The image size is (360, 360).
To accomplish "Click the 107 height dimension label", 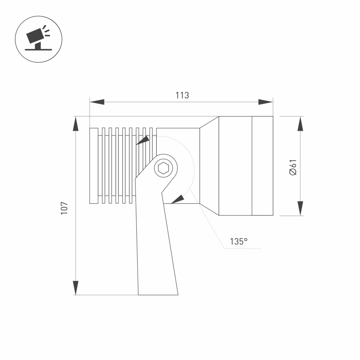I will pos(64,208).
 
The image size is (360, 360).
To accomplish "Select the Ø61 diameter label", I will pos(293,167).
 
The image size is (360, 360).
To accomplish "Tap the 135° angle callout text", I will pos(239,242).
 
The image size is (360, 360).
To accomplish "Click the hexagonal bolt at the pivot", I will pos(163,168).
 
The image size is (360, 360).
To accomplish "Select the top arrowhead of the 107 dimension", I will pos(75,124).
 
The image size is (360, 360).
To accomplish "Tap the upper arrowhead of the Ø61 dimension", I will pos(300,124).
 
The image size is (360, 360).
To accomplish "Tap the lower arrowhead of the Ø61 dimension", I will pos(300,208).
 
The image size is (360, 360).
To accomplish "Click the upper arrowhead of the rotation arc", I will pos(143,140).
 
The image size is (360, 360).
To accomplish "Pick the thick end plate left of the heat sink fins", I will pos(94,166).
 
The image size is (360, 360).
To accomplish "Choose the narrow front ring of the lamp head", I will pos(262,166).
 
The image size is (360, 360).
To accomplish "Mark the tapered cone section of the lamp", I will pos(209,166).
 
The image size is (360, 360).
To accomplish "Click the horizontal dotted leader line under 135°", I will pos(242,249).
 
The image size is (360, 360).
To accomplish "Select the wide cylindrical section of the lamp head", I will pos(235,166).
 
